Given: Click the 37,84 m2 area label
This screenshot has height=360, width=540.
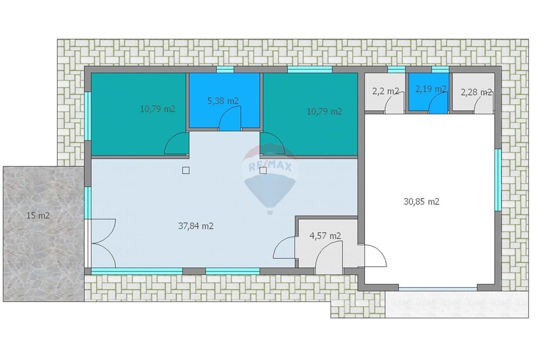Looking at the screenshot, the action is [195, 226].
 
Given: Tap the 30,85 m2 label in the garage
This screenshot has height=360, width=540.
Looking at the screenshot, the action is [422, 202].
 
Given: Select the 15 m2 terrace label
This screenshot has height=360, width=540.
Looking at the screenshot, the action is [38, 216].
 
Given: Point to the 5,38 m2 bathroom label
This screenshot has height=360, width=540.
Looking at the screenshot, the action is [223, 101].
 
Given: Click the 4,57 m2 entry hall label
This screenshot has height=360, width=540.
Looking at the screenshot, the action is [326, 236].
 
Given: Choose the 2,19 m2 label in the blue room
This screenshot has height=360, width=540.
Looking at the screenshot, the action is [431, 89].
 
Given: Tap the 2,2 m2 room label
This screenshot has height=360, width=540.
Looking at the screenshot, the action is [386, 91].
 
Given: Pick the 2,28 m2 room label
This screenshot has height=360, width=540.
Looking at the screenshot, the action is [476, 92].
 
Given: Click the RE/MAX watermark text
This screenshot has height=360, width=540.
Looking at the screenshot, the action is [271, 167].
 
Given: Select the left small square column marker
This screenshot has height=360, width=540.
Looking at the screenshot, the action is [186, 170].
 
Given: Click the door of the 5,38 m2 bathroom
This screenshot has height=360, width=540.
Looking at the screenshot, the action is [230, 118].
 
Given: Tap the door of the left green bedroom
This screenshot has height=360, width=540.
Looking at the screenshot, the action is [177, 144].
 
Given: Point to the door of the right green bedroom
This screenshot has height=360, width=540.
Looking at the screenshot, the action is [272, 144].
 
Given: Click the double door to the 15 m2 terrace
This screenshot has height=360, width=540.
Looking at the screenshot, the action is [103, 243].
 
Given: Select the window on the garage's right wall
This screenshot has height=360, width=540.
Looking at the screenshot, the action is [498, 180].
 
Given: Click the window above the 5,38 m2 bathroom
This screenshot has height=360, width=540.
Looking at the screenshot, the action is [225, 70].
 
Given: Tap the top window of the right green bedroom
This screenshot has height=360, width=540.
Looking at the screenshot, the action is [309, 70].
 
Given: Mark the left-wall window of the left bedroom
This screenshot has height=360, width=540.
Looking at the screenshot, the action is [88, 116].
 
